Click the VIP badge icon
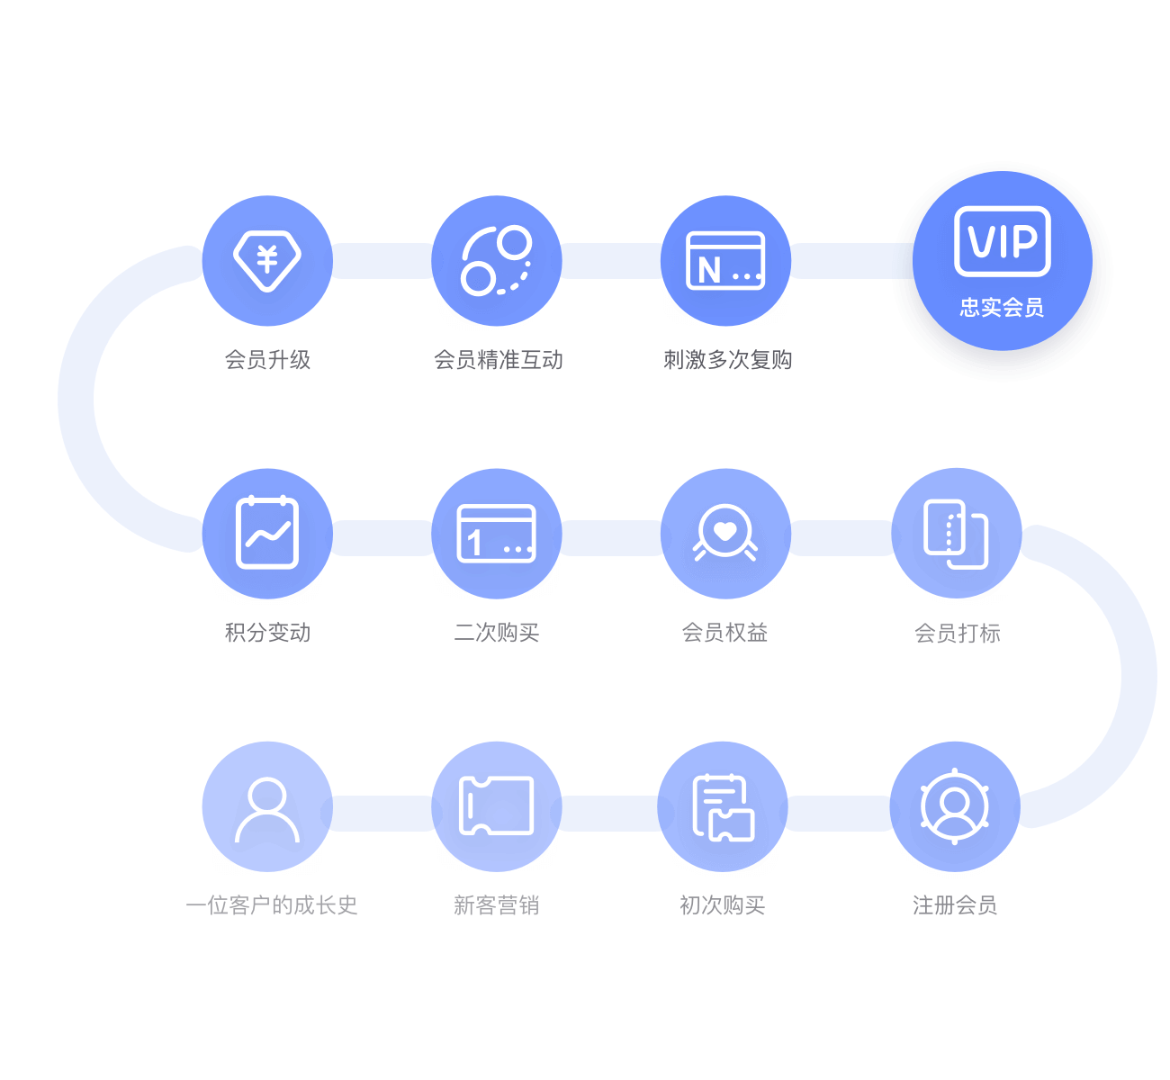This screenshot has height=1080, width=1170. click(x=1002, y=241)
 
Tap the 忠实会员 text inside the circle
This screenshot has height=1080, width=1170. click(x=1002, y=308)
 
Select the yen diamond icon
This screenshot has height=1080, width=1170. click(x=267, y=260)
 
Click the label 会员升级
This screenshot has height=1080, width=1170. click(x=267, y=359)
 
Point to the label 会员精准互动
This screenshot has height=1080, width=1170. click(x=499, y=359)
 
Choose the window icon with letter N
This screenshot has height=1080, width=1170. click(x=725, y=260)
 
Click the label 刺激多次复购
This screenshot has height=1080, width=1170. click(x=727, y=359)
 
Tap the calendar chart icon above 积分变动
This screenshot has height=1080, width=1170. click(x=267, y=533)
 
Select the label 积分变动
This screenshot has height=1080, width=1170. click(x=267, y=632)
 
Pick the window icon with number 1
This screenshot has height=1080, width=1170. click(x=497, y=533)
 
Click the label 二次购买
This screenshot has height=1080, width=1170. click(x=497, y=632)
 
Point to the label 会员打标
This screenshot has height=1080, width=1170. click(x=958, y=633)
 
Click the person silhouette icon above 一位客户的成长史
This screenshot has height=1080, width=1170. click(x=267, y=810)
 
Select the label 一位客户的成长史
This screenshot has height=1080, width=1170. click(x=272, y=905)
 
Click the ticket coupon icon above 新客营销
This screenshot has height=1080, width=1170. click(x=497, y=805)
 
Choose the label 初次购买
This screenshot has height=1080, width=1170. click(x=723, y=905)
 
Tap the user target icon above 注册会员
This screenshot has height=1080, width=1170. click(x=954, y=806)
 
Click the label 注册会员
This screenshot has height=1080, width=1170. click(x=955, y=905)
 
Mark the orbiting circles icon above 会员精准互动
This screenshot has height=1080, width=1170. click(x=497, y=260)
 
